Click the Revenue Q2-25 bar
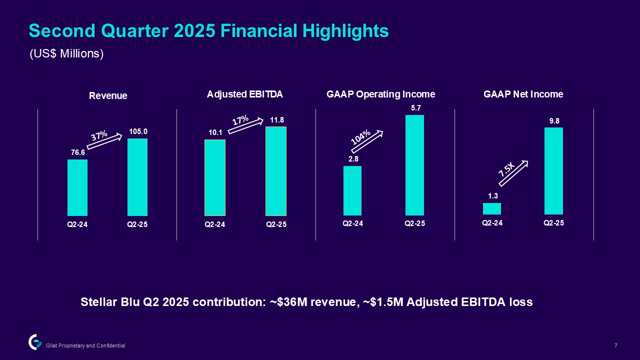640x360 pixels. pyautogui.click(x=137, y=177)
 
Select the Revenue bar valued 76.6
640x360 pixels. pyautogui.click(x=77, y=187)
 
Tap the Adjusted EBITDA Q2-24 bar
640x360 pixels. pyautogui.click(x=215, y=177)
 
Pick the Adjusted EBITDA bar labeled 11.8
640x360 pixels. pyautogui.click(x=276, y=171)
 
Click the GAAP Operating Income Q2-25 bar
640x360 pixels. pyautogui.click(x=414, y=165)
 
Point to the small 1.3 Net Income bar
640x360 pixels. pyautogui.click(x=492, y=208)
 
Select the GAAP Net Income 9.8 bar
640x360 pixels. pyautogui.click(x=553, y=171)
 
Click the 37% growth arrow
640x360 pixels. pyautogui.click(x=104, y=140)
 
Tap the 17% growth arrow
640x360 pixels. pyautogui.click(x=245, y=125)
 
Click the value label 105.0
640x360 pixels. pyautogui.click(x=138, y=132)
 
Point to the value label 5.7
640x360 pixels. pyautogui.click(x=414, y=108)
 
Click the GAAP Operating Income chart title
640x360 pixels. pyautogui.click(x=380, y=94)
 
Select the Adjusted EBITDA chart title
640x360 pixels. pyautogui.click(x=245, y=94)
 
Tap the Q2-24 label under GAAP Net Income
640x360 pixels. pyautogui.click(x=492, y=223)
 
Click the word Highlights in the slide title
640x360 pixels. pyautogui.click(x=345, y=31)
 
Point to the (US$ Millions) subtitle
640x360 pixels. pyautogui.click(x=66, y=54)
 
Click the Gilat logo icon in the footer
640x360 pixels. pyautogui.click(x=35, y=341)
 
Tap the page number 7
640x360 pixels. pyautogui.click(x=615, y=345)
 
